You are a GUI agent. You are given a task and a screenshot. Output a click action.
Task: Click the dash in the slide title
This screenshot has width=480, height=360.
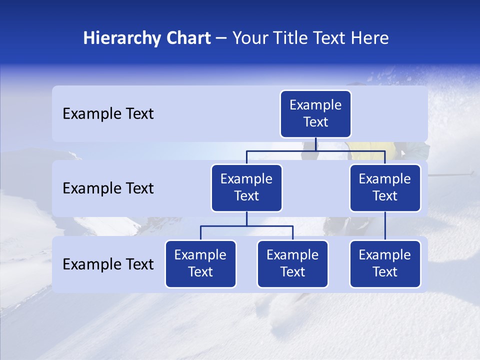pos(221,38)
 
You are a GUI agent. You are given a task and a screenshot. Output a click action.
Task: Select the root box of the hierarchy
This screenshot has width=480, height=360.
pos(315,114)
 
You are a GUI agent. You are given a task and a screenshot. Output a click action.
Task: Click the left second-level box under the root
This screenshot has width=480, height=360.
pos(246,188)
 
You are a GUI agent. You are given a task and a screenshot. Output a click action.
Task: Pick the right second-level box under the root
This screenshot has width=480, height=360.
pos(385,188)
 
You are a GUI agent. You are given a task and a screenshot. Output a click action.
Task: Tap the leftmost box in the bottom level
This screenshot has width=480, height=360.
pos(200,264)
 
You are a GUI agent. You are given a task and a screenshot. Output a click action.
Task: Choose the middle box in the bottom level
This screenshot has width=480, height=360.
pos(292,264)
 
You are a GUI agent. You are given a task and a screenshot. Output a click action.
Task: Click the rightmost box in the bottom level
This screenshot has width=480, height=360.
pos(385,264)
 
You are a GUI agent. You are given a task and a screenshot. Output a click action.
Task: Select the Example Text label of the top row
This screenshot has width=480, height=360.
pos(108,114)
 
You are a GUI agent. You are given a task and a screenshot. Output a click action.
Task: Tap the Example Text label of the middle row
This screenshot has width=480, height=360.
pos(108,188)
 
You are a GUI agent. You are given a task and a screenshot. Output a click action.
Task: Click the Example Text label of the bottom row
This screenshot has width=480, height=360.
pos(108,264)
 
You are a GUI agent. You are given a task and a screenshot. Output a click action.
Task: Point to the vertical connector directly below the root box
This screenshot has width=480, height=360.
pos(316,144)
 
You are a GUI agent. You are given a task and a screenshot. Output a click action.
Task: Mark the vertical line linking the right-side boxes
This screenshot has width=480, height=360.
pos(385,226)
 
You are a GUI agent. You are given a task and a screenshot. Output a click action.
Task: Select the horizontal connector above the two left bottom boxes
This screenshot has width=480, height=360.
pos(246,226)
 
